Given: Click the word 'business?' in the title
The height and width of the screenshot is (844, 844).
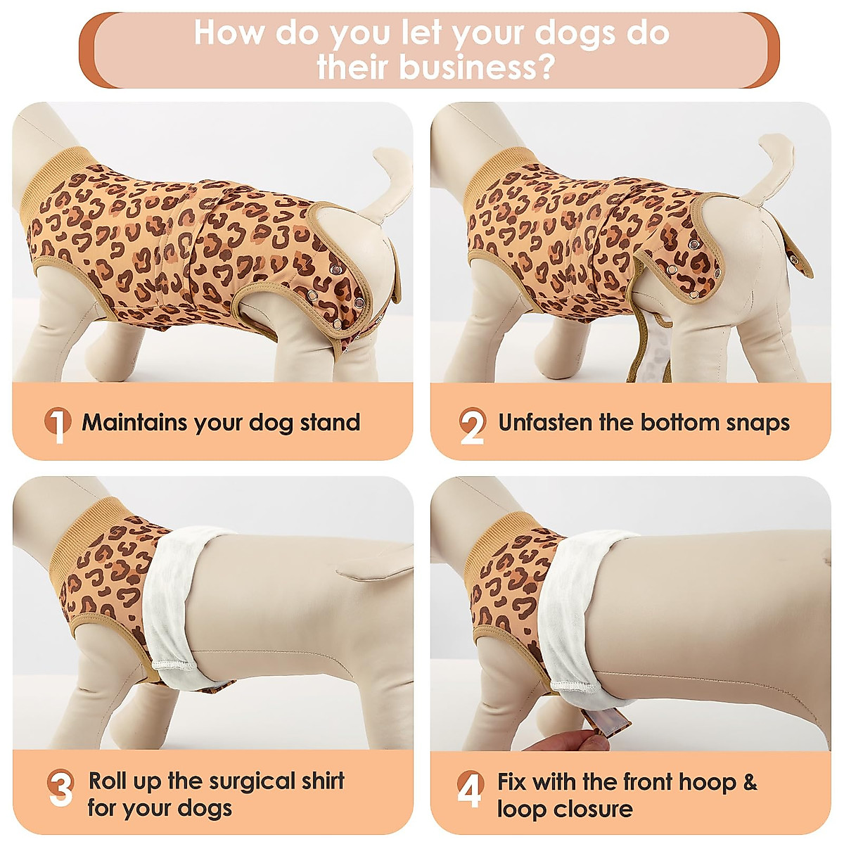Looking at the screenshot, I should (478, 68).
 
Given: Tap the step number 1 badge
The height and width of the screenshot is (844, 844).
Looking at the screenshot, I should (58, 424).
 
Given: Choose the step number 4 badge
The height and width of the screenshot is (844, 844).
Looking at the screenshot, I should (470, 788).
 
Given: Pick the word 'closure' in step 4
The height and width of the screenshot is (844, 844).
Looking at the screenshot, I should (592, 809).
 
